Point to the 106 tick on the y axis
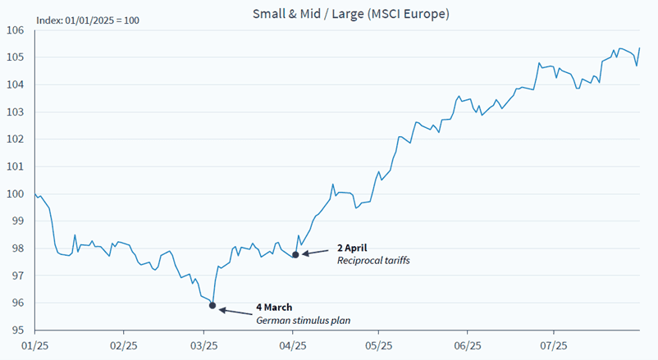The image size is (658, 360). pyautogui.click(x=15, y=30)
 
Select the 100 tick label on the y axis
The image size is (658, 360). pyautogui.click(x=15, y=194)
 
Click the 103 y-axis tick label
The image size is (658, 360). pyautogui.click(x=15, y=112)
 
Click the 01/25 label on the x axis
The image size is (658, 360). pyautogui.click(x=34, y=347)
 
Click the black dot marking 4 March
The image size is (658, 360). pyautogui.click(x=212, y=306)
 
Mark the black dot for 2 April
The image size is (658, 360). pyautogui.click(x=295, y=254)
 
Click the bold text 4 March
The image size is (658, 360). pyautogui.click(x=274, y=308)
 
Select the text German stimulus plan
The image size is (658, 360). pyautogui.click(x=303, y=321)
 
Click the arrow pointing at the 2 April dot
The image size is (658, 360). pyautogui.click(x=317, y=252)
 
